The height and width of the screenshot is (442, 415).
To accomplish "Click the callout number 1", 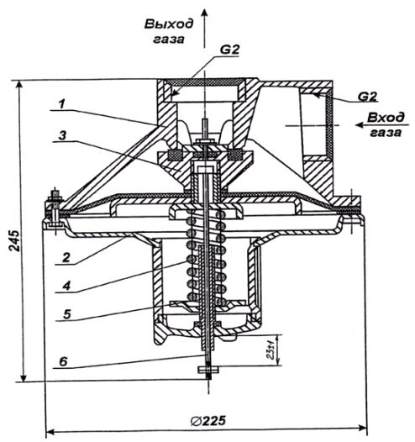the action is click(x=62, y=104).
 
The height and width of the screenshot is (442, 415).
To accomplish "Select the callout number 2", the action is click(x=66, y=257).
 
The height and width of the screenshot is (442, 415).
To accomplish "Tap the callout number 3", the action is click(x=62, y=135).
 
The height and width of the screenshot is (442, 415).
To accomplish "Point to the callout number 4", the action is click(x=66, y=286).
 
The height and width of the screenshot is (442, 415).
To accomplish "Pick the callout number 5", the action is click(x=66, y=314).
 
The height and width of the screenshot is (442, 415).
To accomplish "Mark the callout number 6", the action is click(x=64, y=361).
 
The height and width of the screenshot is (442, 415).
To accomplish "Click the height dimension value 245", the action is click(x=14, y=240).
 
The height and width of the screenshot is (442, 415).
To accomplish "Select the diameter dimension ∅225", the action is click(x=208, y=421).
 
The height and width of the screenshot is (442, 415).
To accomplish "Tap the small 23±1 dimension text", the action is click(x=271, y=350).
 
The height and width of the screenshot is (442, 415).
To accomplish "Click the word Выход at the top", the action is click(x=169, y=24).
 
